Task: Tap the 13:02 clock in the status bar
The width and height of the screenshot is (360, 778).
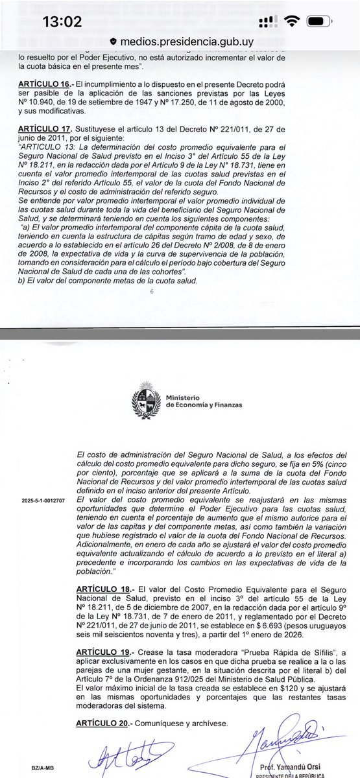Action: pyautogui.click(x=62, y=21)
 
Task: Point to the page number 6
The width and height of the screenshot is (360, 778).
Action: pyautogui.click(x=151, y=292)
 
